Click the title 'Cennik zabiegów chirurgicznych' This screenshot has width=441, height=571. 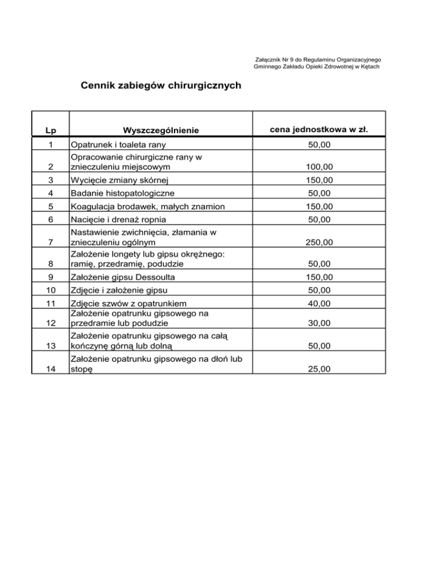tap(161, 86)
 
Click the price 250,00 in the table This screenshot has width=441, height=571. tap(319, 243)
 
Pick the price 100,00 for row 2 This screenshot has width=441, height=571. tap(319, 167)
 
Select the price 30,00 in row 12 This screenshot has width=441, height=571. tap(319, 323)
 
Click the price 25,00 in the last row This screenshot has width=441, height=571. tap(319, 369)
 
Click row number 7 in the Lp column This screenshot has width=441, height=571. tap(50, 243)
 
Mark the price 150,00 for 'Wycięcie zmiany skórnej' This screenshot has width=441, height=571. tap(319, 180)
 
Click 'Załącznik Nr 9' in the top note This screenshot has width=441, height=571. tap(273, 59)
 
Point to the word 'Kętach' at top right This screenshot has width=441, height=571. tap(367, 67)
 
